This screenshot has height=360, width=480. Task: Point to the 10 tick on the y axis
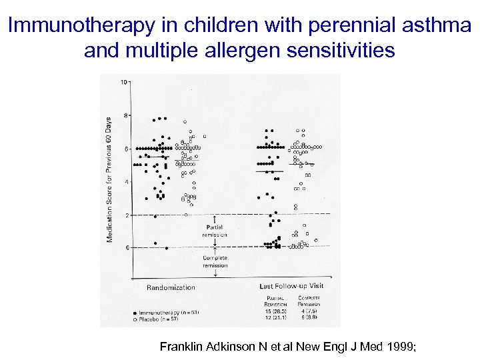(124, 82)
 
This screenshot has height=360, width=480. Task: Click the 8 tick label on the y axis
(125, 115)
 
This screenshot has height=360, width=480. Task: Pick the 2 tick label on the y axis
(125, 215)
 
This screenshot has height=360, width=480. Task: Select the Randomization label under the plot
(171, 287)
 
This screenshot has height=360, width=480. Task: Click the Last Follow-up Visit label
(291, 286)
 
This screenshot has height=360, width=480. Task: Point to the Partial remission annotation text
(215, 231)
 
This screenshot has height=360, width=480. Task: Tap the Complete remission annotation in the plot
(215, 261)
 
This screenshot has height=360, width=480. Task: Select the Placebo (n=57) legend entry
(157, 319)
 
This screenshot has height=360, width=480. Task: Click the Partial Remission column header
(276, 301)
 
